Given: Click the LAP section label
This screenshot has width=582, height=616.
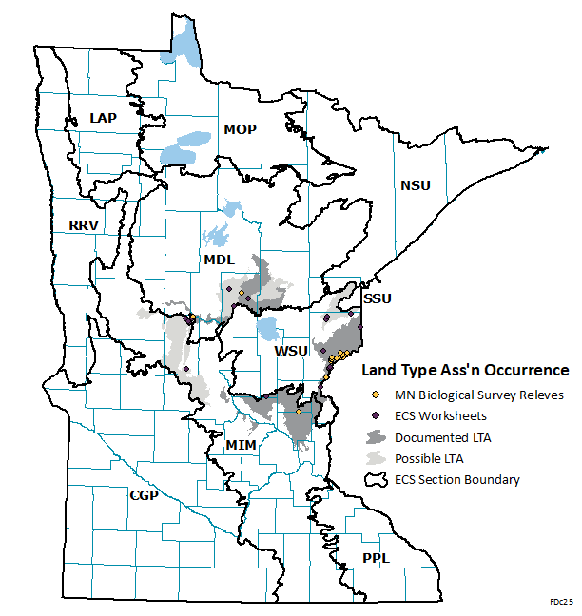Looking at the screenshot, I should pyautogui.click(x=103, y=117).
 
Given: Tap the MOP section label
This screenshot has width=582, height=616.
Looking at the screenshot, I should pyautogui.click(x=240, y=129).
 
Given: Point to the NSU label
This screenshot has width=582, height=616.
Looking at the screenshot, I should pyautogui.click(x=415, y=184).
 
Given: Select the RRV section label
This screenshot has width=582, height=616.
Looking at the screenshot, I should pyautogui.click(x=84, y=225).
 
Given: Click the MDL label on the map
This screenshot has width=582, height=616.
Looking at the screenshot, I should pyautogui.click(x=218, y=260).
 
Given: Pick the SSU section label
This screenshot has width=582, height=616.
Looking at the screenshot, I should pyautogui.click(x=378, y=298).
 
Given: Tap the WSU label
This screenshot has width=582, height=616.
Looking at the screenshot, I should pyautogui.click(x=291, y=352).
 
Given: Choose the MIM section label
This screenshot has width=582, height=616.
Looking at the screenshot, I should pyautogui.click(x=241, y=444).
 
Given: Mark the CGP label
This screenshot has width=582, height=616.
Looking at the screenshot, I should pyautogui.click(x=145, y=495).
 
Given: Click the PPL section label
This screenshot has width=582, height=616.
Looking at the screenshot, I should pyautogui.click(x=376, y=558).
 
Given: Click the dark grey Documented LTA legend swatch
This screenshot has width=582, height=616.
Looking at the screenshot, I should pyautogui.click(x=377, y=437).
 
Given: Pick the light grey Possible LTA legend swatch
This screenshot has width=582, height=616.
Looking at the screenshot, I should pyautogui.click(x=377, y=458).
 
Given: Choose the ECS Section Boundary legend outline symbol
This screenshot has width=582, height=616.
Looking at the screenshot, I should pyautogui.click(x=377, y=479).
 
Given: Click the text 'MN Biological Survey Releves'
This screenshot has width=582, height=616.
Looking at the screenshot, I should pyautogui.click(x=479, y=395).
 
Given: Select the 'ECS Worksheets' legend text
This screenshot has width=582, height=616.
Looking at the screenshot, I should pyautogui.click(x=440, y=415).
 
